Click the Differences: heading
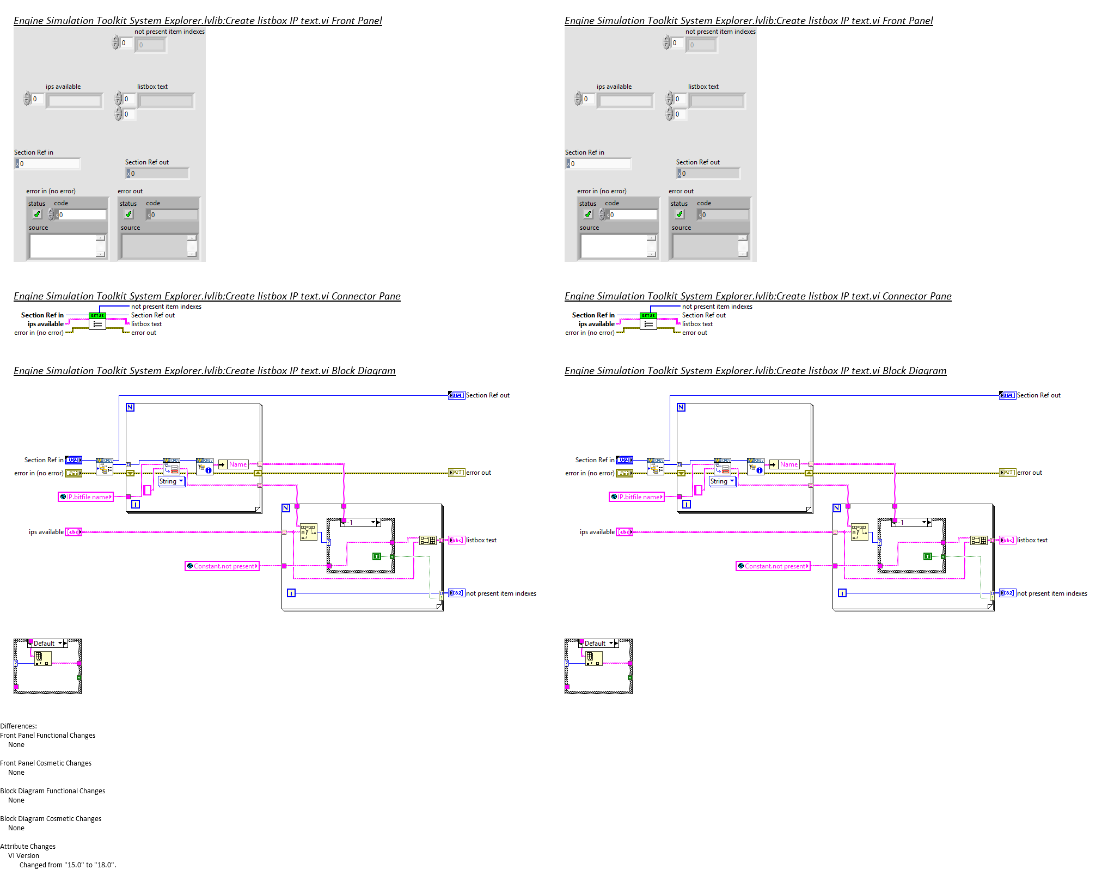(x=19, y=726)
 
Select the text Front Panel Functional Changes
(x=48, y=735)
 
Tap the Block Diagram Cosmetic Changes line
(x=51, y=818)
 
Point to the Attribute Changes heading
(x=28, y=846)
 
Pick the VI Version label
(x=23, y=855)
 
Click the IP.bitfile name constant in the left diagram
(x=86, y=497)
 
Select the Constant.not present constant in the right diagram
(x=773, y=566)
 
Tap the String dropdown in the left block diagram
(x=171, y=481)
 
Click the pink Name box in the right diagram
(x=788, y=464)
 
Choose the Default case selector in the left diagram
(x=48, y=643)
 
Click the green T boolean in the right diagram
(x=927, y=556)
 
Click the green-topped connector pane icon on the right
(x=648, y=321)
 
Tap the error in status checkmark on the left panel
(x=37, y=215)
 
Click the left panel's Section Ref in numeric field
(x=48, y=163)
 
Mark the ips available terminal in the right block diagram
(x=624, y=532)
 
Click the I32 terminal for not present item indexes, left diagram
(x=456, y=593)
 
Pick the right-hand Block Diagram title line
(x=755, y=371)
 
